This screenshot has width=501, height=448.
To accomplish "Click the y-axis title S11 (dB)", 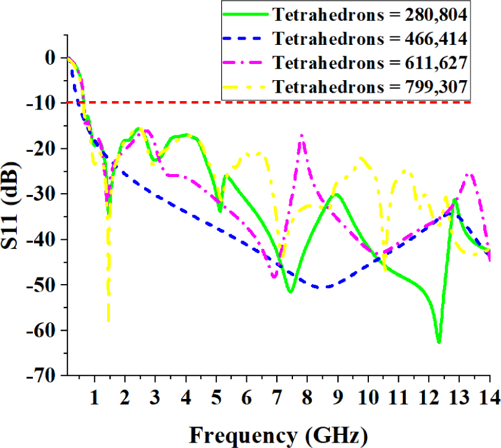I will tap(13, 216).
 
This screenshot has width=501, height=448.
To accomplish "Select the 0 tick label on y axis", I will tap(52, 57).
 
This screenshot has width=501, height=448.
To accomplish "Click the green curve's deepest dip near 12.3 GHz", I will tap(439, 342).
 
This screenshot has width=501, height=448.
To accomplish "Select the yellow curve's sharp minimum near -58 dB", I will tap(108, 321).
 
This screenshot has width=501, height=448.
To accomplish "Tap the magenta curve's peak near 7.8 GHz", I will tap(303, 135).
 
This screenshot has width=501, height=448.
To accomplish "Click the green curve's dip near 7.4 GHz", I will tap(290, 292).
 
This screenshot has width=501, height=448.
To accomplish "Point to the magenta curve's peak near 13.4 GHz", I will tap(471, 174).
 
